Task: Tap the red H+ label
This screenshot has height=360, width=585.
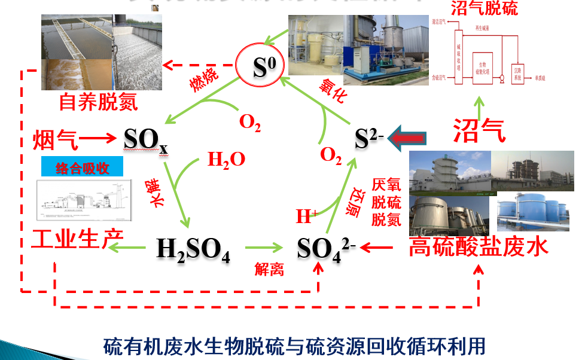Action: pos(307,216)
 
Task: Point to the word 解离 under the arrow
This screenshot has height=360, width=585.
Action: pos(269,269)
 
